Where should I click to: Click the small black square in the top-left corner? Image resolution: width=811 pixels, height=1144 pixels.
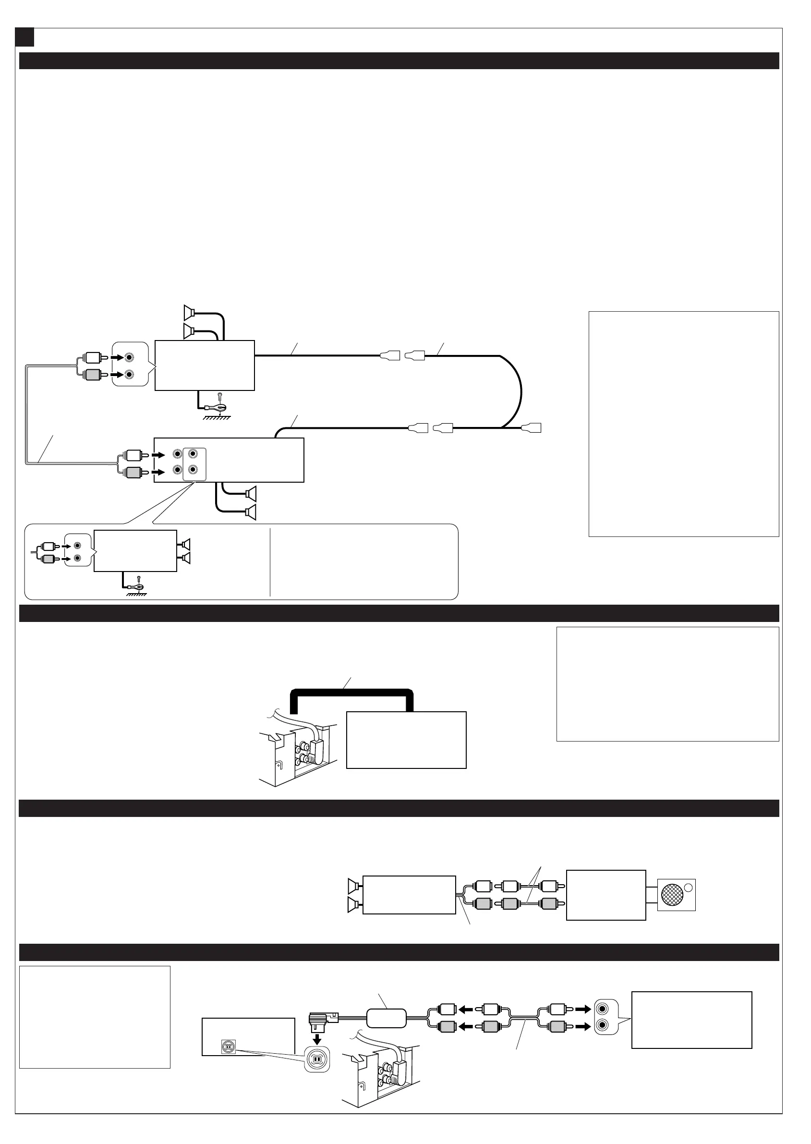[24, 37]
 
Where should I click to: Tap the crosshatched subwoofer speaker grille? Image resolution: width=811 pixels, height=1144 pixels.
[672, 895]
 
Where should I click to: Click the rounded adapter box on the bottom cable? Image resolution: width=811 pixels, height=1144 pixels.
[387, 1019]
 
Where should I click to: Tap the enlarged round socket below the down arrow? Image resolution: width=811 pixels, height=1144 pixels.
[316, 1058]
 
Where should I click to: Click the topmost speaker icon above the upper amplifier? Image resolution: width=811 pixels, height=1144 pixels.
[188, 313]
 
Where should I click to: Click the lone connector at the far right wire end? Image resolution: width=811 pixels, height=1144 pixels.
[532, 428]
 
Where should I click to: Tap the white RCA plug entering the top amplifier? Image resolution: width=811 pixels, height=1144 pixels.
[93, 357]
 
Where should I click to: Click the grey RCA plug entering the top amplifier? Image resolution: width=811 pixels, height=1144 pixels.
[93, 375]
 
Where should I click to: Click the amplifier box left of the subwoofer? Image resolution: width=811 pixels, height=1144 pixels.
[606, 895]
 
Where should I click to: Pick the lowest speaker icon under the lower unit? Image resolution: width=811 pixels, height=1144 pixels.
[251, 512]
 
